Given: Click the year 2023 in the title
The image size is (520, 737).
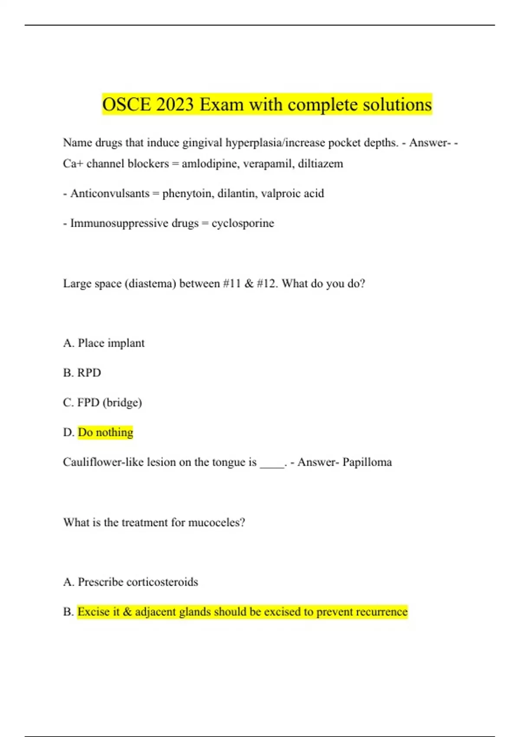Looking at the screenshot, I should pyautogui.click(x=173, y=104).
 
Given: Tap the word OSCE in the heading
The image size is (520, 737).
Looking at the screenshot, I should pyautogui.click(x=126, y=104).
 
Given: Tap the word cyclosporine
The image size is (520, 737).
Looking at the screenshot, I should pyautogui.click(x=243, y=223).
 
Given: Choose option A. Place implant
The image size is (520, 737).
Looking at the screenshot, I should pyautogui.click(x=104, y=343).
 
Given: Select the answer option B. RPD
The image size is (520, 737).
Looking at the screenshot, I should pyautogui.click(x=82, y=373).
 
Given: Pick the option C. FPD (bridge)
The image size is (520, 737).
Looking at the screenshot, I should pyautogui.click(x=102, y=403).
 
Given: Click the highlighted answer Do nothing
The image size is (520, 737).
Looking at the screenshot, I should pyautogui.click(x=105, y=432).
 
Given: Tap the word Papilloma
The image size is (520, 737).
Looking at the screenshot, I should pyautogui.click(x=367, y=462).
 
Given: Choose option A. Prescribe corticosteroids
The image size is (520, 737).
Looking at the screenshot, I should pyautogui.click(x=130, y=582).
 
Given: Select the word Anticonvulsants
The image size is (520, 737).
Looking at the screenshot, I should pyautogui.click(x=110, y=193).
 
